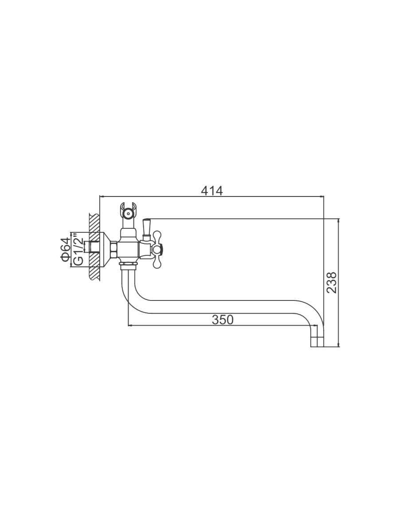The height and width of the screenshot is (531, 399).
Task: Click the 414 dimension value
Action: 212,191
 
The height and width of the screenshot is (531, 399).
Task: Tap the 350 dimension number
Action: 223,319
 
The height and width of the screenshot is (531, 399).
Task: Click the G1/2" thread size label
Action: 78,249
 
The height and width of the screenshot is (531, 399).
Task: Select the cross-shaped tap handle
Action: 157,250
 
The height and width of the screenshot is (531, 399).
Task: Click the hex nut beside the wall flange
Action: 113,250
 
